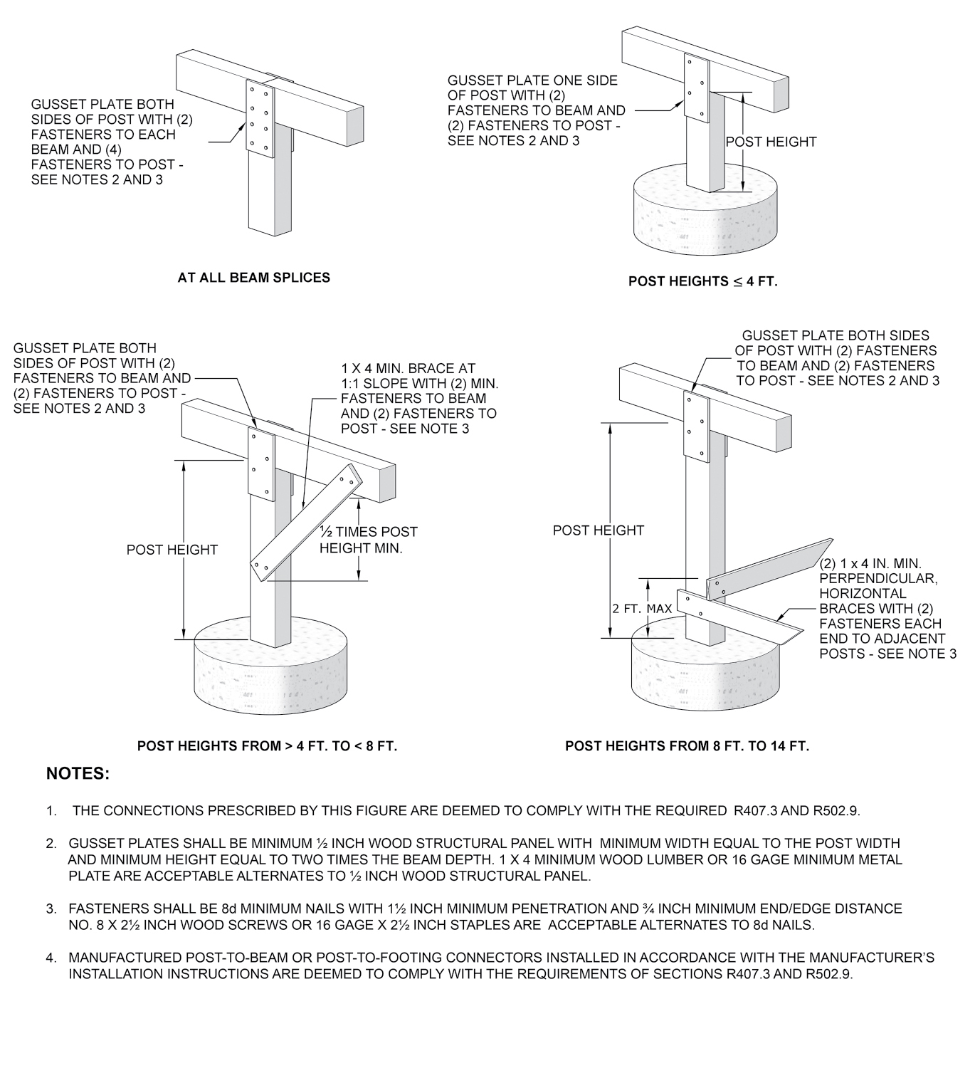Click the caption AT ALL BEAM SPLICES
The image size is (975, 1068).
point(253,278)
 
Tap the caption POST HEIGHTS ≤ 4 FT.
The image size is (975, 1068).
point(702,281)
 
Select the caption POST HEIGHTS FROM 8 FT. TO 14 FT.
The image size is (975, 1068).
point(687,746)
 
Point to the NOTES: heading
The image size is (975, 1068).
point(78,773)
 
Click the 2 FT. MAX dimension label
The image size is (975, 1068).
point(642,609)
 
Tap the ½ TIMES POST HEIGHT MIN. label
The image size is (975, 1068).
point(368,540)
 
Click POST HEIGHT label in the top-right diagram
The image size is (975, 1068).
point(771,142)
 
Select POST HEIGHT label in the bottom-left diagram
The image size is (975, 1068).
point(172,550)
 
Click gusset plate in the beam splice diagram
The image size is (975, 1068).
point(259,117)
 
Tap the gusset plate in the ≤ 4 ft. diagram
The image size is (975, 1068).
point(696,87)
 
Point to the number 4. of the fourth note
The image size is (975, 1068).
point(51,958)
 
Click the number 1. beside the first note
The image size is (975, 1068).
point(51,810)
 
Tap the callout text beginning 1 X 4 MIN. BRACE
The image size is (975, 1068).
point(418,398)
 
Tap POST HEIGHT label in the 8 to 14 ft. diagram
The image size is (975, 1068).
point(598,530)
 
